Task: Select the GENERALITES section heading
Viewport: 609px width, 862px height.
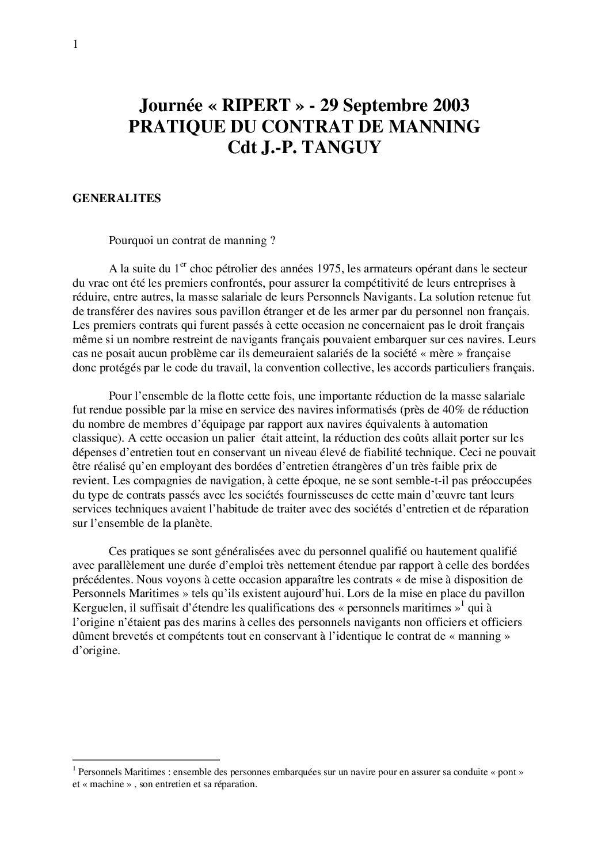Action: [116, 199]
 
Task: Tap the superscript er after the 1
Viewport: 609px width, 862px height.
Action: [184, 265]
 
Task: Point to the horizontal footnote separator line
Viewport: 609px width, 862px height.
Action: [146, 760]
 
